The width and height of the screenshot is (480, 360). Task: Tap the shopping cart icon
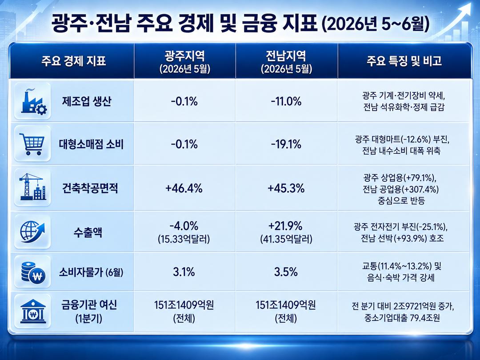(32, 144)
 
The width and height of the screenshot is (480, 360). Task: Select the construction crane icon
(32, 186)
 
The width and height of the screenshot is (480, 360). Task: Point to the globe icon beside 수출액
(32, 232)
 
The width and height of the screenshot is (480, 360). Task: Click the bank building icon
(33, 311)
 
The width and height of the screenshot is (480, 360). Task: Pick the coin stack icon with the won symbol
(33, 272)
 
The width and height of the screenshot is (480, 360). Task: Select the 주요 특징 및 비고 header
(404, 60)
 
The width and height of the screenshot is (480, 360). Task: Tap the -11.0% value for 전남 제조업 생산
(286, 101)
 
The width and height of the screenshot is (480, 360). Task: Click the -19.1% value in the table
(286, 144)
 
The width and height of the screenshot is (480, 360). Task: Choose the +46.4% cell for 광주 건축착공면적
(184, 188)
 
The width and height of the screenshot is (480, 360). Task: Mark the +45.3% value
(286, 188)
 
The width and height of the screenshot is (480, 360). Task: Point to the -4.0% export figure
(184, 226)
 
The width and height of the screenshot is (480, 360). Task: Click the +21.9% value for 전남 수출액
(286, 226)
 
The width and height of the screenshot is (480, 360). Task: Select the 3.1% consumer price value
(184, 272)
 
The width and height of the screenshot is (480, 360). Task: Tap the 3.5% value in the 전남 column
(286, 272)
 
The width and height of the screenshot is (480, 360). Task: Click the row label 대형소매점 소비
(91, 144)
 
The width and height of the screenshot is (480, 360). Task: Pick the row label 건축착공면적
(90, 188)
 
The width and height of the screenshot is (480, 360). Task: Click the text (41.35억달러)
(286, 239)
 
